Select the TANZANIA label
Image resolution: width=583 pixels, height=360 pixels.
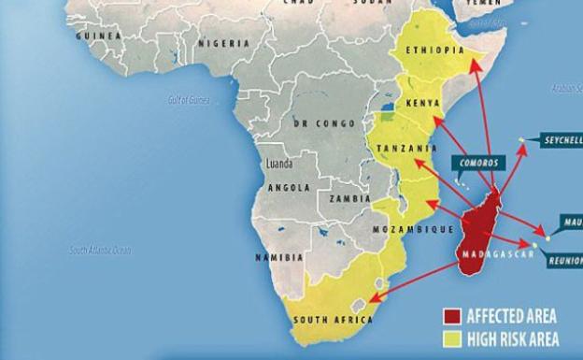[407, 148]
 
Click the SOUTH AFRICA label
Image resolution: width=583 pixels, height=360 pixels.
[334, 319]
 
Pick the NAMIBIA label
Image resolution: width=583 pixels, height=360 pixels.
[279, 256]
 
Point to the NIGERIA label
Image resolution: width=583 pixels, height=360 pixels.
[222, 43]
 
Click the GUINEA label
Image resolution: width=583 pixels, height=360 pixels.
[100, 36]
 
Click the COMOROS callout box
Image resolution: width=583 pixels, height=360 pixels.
[481, 162]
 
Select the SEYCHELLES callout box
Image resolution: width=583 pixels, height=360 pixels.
[562, 140]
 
